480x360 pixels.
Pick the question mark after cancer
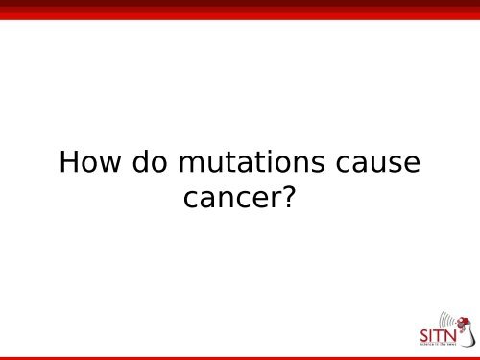(x=285, y=197)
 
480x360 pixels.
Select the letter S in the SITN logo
(x=425, y=336)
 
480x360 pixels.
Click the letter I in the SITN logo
(x=434, y=336)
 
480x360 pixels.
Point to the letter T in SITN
(x=442, y=336)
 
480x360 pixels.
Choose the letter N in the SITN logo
(x=453, y=336)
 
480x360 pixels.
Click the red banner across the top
(x=240, y=10)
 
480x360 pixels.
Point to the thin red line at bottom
(x=240, y=357)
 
